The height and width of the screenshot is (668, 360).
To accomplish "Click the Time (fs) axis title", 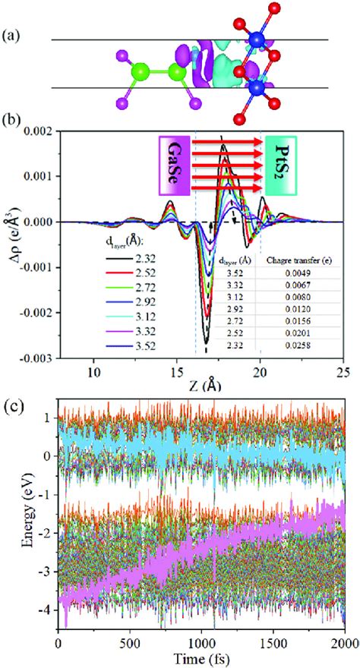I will [201, 660].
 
